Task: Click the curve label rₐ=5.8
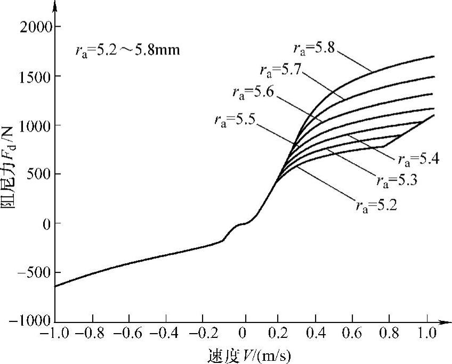[x=314, y=48]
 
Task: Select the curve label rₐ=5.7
[x=281, y=69]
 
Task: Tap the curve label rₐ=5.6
[x=254, y=92]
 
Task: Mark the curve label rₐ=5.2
[x=375, y=204]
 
